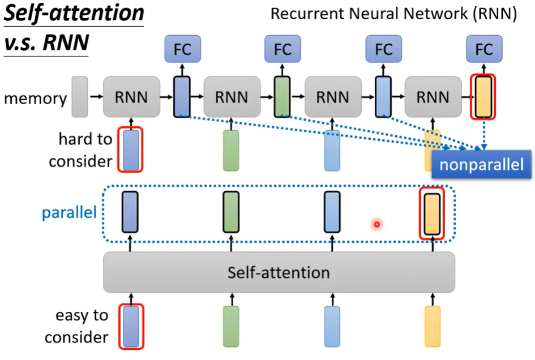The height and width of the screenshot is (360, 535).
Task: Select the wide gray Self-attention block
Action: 279,272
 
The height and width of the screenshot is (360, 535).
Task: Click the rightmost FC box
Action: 484,49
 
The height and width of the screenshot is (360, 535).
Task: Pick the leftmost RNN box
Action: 131,97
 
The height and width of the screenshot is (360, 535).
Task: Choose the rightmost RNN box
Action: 433,97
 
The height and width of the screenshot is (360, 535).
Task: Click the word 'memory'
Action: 35,98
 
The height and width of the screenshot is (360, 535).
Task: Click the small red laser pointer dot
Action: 376,225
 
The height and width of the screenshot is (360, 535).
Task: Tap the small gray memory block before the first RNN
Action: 80,97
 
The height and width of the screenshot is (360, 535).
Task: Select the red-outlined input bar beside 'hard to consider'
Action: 131,150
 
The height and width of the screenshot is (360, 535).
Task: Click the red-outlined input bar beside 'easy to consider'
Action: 131,326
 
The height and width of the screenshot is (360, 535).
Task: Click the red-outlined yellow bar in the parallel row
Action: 432,213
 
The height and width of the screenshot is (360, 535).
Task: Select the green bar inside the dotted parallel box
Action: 231,212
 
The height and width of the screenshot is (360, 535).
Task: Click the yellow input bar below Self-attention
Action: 432,326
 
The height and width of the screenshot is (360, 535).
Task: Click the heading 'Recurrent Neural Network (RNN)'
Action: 393,14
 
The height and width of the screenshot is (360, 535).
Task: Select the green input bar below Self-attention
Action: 231,326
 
